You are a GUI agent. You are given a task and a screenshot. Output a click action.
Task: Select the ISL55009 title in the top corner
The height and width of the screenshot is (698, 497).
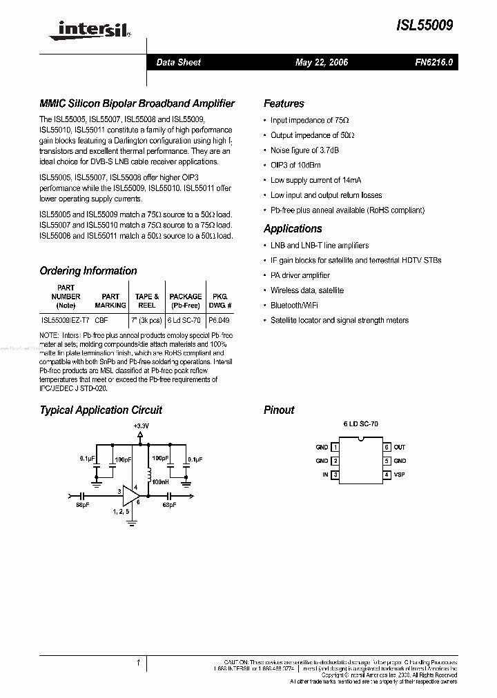[x=425, y=25]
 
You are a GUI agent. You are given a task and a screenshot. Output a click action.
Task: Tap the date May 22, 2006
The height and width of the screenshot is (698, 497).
[x=322, y=62]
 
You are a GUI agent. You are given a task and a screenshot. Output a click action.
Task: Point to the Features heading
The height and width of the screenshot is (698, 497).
[x=284, y=103]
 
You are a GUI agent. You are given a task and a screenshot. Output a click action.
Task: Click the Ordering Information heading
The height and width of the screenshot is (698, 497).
[x=88, y=271]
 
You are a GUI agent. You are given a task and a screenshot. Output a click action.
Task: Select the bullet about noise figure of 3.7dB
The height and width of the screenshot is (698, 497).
[x=304, y=150]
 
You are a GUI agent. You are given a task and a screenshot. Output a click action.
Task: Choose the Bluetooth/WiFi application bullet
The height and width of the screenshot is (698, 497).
[x=294, y=306]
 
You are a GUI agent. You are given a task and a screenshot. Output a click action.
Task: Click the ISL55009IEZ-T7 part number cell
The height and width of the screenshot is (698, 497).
[x=65, y=321]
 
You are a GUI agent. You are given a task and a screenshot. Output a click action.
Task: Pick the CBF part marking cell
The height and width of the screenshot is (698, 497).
[x=101, y=321]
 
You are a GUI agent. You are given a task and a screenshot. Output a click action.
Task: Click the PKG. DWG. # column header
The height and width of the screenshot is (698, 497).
[x=220, y=301]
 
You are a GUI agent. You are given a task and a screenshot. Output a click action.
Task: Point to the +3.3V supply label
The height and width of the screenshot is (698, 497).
[x=141, y=426]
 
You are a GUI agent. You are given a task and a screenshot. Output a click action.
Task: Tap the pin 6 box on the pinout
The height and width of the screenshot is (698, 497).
[x=387, y=448]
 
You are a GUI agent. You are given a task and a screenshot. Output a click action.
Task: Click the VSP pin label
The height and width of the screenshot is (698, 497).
[x=400, y=475]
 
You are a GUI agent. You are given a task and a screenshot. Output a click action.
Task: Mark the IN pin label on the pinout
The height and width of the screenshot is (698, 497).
[x=324, y=475]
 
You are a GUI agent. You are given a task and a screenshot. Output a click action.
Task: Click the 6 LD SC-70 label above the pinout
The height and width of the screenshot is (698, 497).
[x=361, y=425]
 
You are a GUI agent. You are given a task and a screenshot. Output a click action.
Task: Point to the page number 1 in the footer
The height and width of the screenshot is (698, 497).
[x=139, y=664]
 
